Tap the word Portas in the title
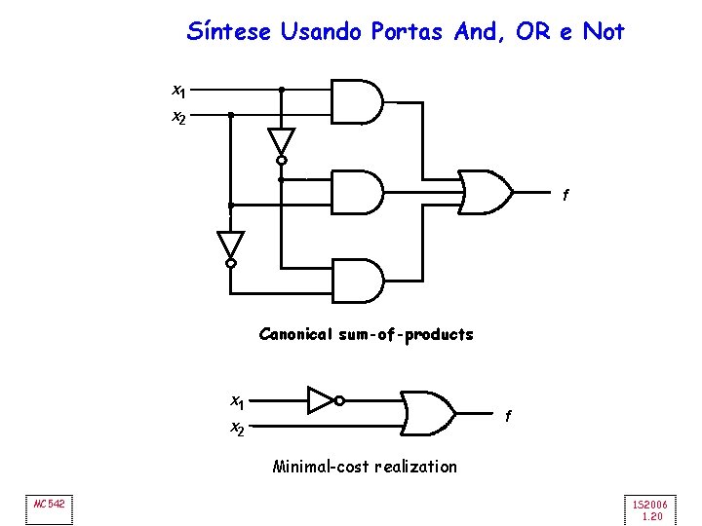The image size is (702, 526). coord(409,32)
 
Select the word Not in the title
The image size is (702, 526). coord(604,32)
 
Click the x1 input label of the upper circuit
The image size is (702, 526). coord(178,92)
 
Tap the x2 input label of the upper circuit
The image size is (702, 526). coord(178,118)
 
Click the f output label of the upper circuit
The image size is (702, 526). coord(565,196)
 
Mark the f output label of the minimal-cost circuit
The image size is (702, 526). coord(508,416)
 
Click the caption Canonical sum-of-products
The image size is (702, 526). coord(366,335)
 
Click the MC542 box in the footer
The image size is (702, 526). coord(49,504)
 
